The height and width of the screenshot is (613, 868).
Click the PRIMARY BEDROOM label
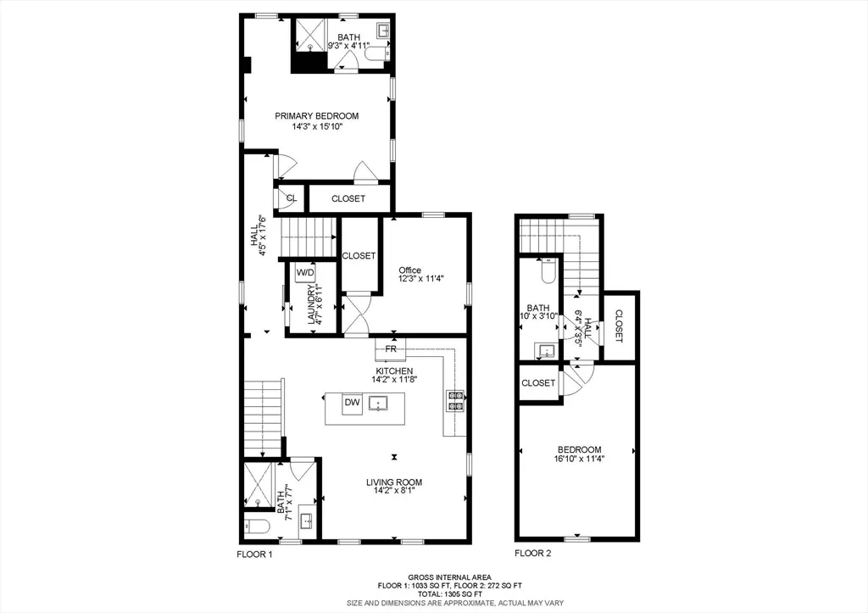[316, 116]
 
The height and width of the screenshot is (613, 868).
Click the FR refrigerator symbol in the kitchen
[391, 348]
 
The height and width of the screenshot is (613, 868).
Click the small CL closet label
[291, 198]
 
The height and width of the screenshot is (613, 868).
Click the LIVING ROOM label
[393, 482]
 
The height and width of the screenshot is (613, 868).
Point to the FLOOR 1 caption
[254, 554]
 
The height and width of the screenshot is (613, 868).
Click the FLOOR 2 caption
[532, 554]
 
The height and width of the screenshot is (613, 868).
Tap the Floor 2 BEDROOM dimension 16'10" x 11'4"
[579, 460]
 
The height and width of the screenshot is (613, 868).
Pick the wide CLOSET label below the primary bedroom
[348, 198]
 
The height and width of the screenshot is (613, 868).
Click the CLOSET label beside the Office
[359, 255]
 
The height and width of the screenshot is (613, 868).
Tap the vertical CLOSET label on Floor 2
[619, 326]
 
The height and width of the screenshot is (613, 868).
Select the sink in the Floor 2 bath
[544, 349]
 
